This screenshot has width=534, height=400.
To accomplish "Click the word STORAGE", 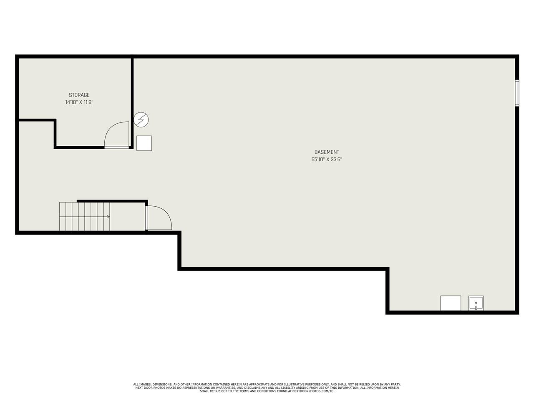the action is pos(79,95).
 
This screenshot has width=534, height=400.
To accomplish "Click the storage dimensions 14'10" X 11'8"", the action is pos(79,102).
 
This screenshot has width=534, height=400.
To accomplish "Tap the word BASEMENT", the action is pos(327,152).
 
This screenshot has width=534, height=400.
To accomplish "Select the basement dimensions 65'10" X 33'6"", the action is pos(327,160).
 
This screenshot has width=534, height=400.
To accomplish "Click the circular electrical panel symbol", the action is pos(141,120).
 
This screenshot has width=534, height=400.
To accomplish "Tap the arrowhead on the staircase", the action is pos(108,217).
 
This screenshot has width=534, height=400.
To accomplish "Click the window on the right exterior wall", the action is pos(517,93).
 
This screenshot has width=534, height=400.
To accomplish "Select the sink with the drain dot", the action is pos(476,303).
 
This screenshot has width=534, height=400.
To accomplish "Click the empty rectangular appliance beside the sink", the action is pos(451,303).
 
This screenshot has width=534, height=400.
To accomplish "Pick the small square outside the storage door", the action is pos(144,143).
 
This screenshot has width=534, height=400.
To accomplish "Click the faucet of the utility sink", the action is pos(476,308).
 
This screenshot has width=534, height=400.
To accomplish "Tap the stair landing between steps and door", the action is pos(128,217).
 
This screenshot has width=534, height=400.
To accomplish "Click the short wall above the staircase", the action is pos(112,201).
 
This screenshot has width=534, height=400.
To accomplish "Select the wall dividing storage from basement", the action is pos(132,102).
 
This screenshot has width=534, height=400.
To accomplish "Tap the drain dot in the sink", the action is pos(476,302).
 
